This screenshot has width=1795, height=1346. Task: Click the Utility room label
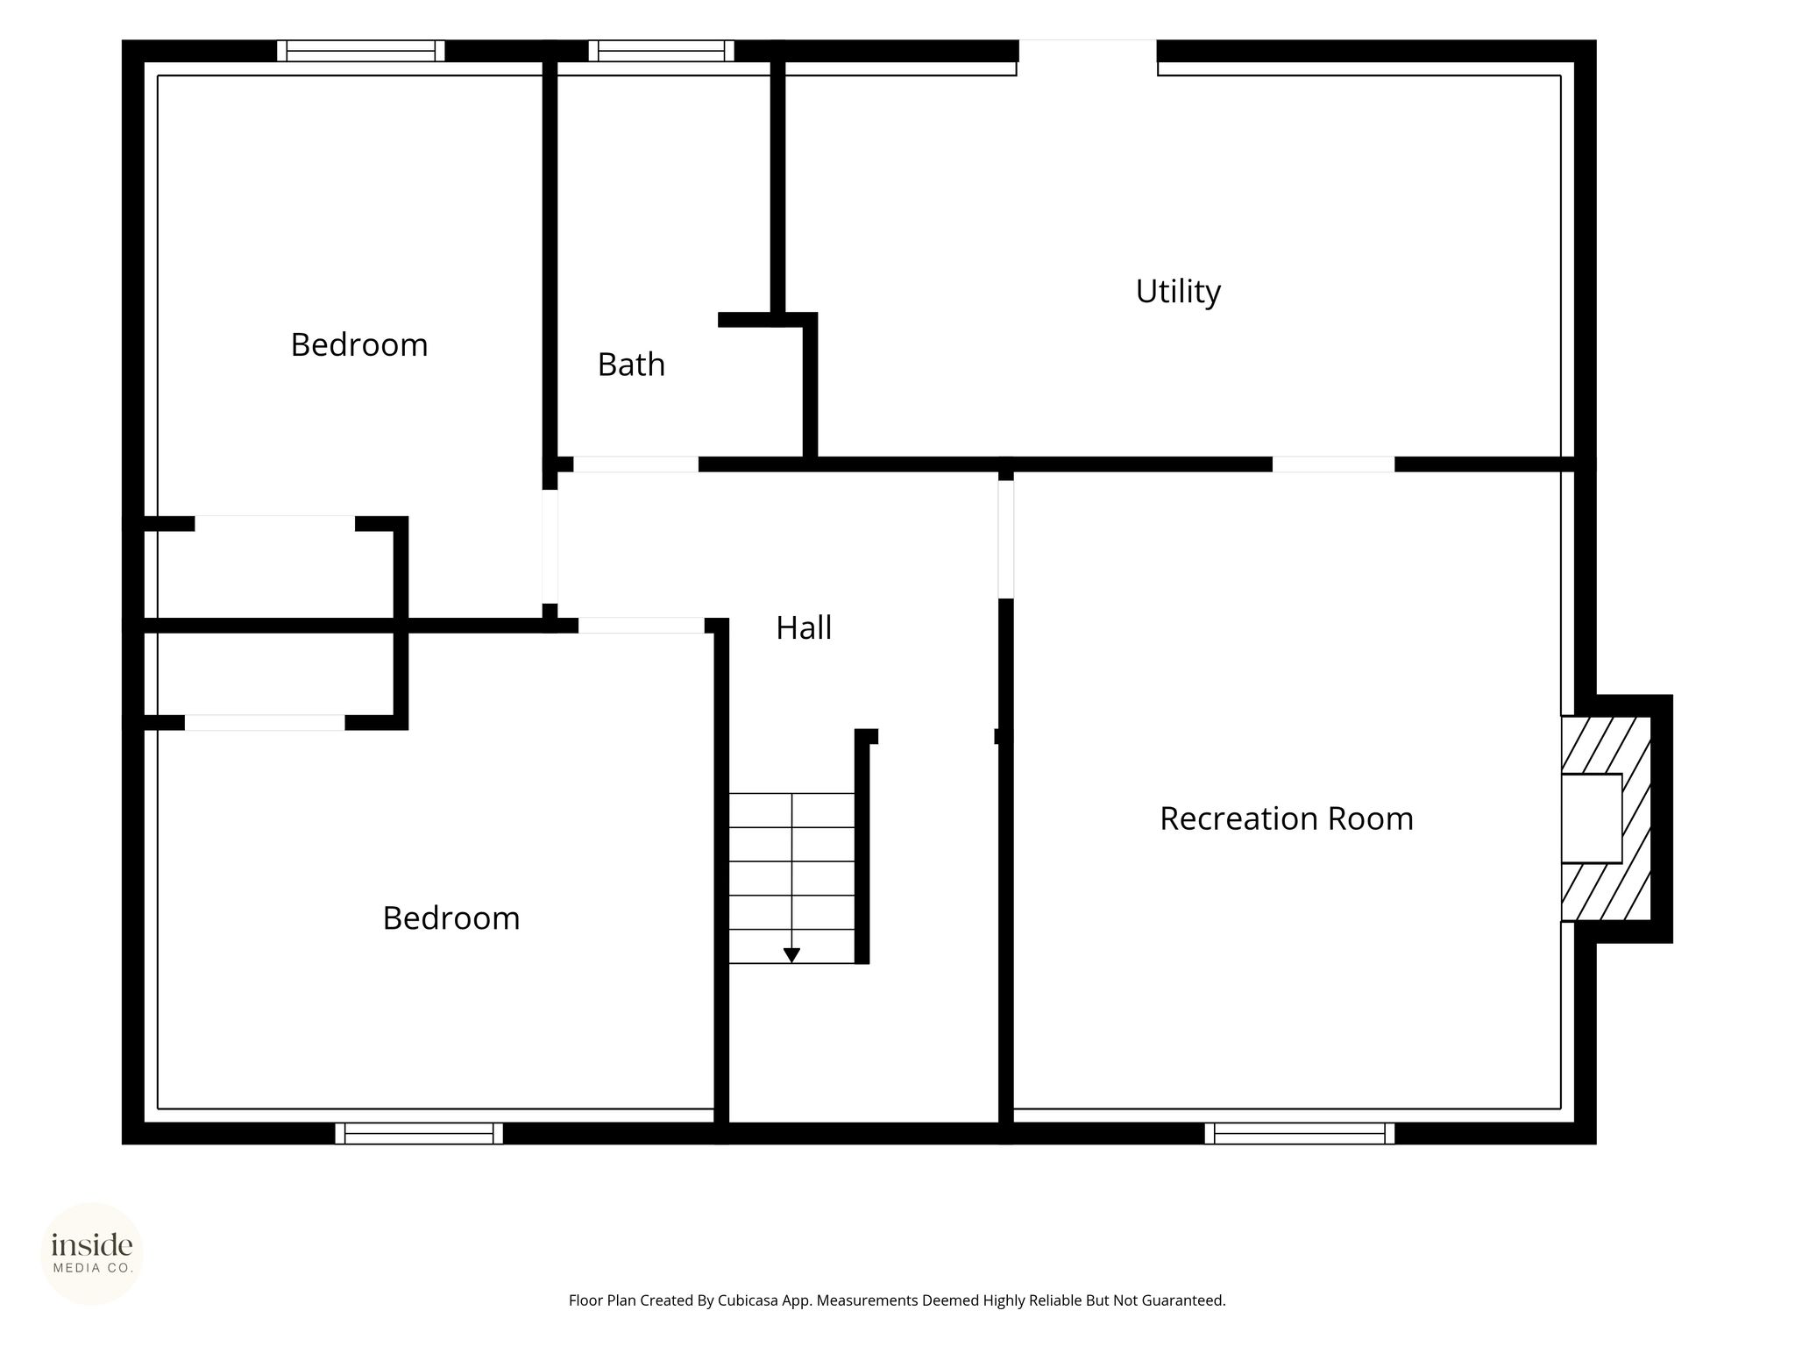pos(1178,291)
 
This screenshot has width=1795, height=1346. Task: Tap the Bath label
pos(631,365)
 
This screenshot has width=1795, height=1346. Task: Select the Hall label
pos(804,627)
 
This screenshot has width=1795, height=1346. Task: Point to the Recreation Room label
pos(1287,818)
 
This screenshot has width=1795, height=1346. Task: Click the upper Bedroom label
pos(359,345)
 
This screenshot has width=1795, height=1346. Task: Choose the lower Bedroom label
pos(451,918)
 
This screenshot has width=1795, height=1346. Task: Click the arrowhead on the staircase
pos(791,955)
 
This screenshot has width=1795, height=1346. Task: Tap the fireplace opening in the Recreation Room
pos(1592,818)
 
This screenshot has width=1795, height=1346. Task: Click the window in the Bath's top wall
pos(662,51)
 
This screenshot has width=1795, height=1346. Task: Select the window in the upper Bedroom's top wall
pos(361,51)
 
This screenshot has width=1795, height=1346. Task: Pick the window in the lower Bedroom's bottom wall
pos(419,1133)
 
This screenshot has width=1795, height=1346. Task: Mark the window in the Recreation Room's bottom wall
pos(1300,1133)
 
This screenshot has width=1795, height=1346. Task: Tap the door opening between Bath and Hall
pos(636,464)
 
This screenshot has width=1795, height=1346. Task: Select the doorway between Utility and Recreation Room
pos(1334,464)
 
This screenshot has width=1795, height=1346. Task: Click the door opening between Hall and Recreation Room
pos(1006,540)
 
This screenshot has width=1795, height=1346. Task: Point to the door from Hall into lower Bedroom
pos(642,626)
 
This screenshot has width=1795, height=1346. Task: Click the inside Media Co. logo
pos(92,1254)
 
